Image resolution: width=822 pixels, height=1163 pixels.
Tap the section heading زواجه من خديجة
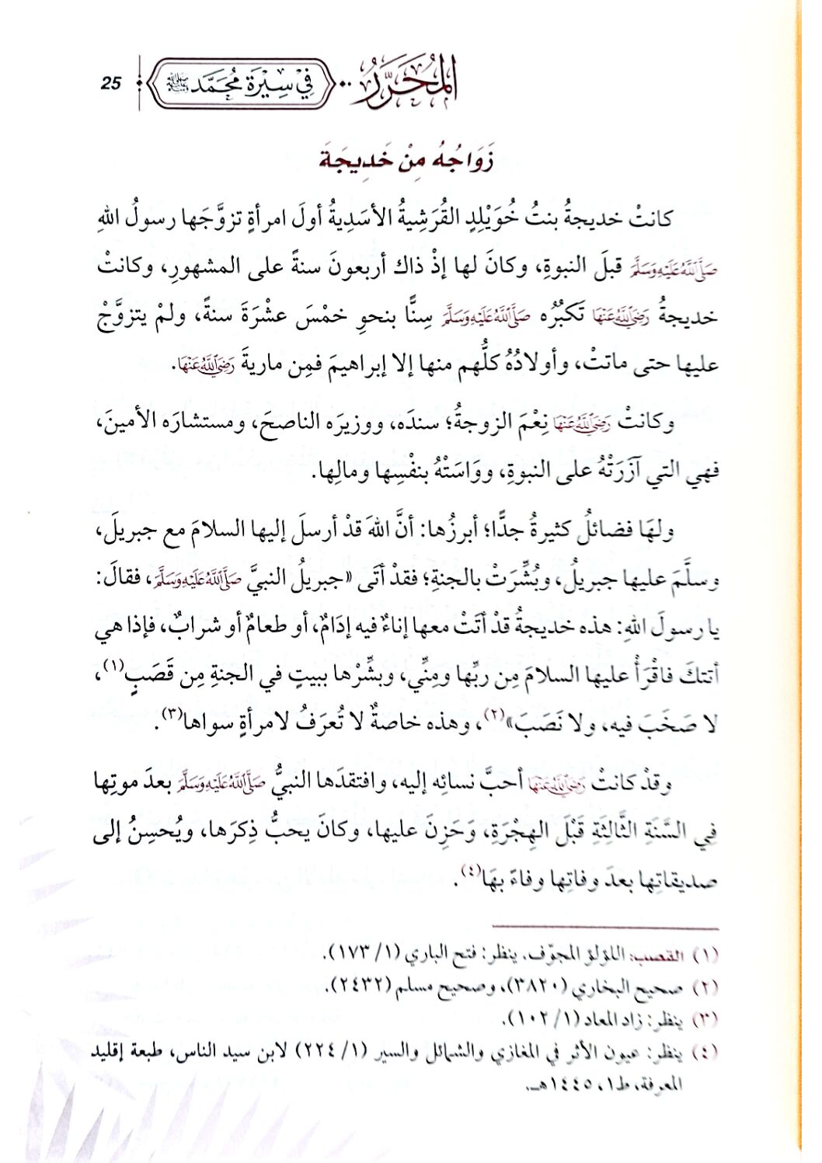pyautogui.click(x=409, y=162)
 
